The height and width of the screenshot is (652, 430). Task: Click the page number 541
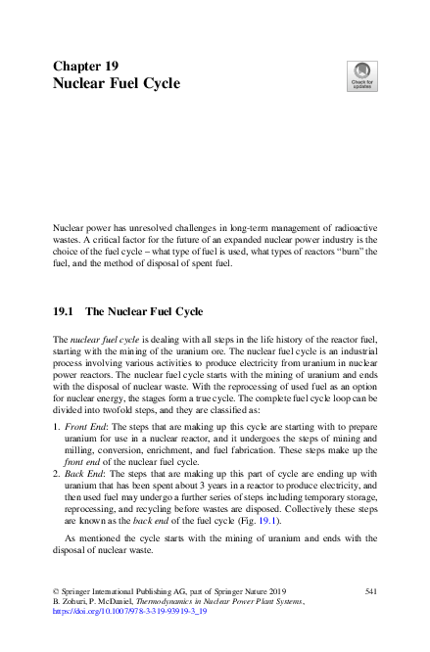point(371,591)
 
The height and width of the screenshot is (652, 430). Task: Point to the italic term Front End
point(85,429)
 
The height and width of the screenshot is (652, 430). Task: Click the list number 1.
point(55,429)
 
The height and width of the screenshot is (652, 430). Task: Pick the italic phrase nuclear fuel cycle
point(101,338)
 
